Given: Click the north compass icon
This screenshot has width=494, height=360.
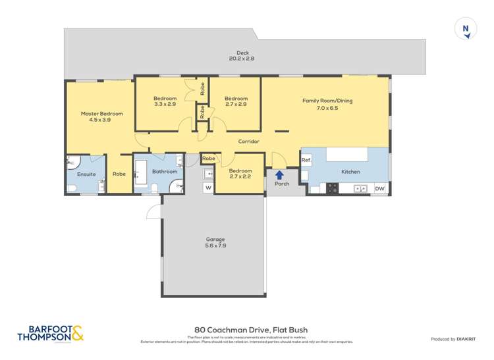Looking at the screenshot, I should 466,30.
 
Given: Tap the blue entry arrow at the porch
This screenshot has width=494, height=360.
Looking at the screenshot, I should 279,175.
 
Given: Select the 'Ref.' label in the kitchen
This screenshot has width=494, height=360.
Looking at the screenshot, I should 306,160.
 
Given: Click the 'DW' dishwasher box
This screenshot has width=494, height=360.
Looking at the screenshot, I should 379,189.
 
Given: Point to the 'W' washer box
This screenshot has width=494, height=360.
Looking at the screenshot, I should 207,188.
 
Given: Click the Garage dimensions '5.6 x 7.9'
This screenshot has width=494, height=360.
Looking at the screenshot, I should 215,245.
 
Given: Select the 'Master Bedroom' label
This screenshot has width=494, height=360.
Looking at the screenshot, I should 102,113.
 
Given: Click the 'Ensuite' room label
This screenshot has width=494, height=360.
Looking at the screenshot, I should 86,174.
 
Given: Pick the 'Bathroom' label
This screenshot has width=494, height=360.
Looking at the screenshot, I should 165,172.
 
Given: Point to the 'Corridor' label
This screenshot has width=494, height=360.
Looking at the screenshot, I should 249,141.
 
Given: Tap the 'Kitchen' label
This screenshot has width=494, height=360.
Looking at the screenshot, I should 350,172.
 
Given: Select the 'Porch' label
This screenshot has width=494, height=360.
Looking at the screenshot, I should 282,184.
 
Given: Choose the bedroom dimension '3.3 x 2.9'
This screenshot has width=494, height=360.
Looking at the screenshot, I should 165,104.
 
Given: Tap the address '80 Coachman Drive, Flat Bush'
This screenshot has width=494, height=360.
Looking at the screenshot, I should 251,330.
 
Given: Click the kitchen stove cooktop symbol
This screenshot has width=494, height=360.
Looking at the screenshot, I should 333,188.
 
